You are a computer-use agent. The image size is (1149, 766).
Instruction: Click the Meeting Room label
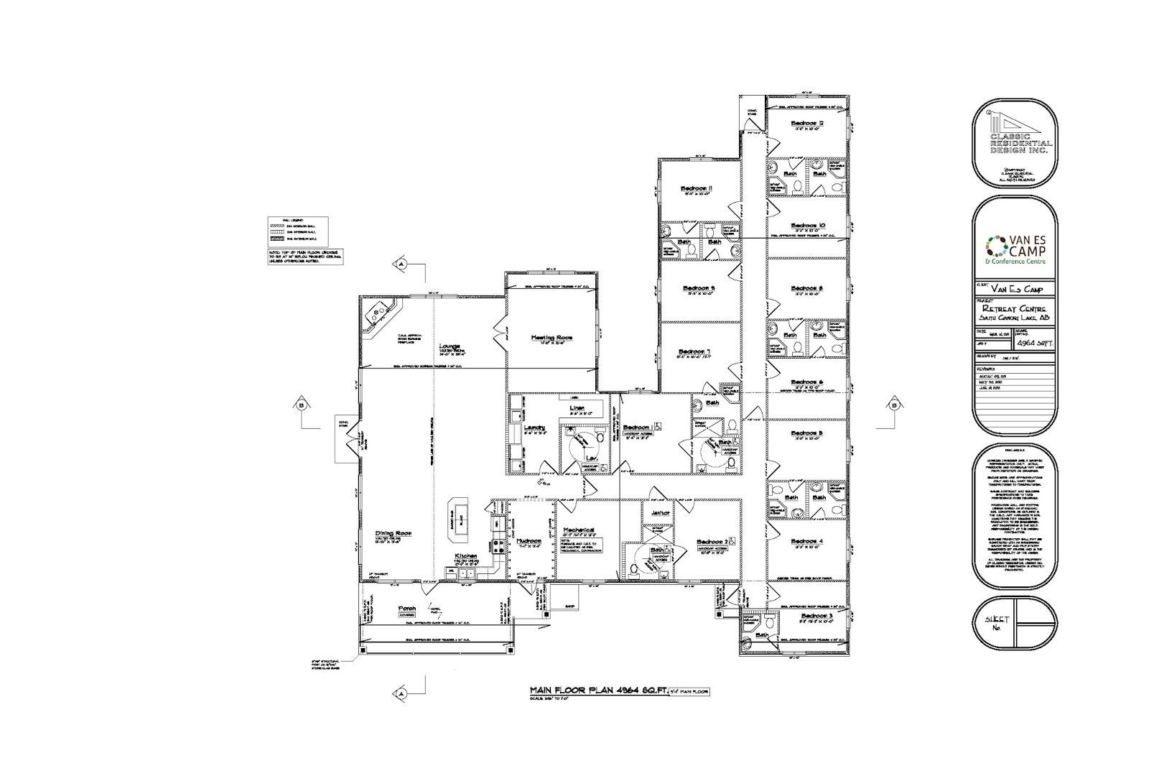(552, 337)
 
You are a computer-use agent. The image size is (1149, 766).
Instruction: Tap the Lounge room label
(450, 346)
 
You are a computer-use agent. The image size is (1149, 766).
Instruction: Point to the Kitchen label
(466, 557)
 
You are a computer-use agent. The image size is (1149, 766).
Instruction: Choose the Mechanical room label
(580, 529)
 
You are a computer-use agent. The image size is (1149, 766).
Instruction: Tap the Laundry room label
(535, 427)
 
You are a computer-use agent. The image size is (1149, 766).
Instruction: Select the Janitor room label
(660, 513)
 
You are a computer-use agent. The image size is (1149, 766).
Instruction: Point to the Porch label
(408, 608)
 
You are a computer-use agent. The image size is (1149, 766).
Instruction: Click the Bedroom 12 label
(806, 123)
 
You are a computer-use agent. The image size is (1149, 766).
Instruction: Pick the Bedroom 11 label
(696, 189)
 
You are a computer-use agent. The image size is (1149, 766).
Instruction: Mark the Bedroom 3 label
(817, 616)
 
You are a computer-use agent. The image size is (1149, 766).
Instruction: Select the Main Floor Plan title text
(597, 691)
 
